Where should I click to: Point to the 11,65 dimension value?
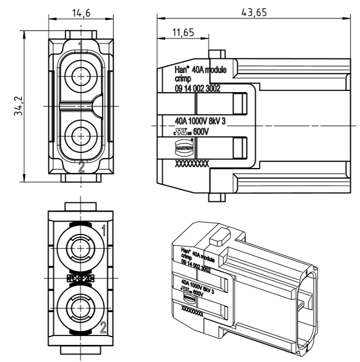tap(183, 34)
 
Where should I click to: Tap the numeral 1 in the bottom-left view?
tap(103, 228)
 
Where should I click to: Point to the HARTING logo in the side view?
tap(184, 148)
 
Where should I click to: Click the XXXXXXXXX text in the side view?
tap(191, 165)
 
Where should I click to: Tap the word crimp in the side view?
tap(183, 79)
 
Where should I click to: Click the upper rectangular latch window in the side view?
tap(239, 104)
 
